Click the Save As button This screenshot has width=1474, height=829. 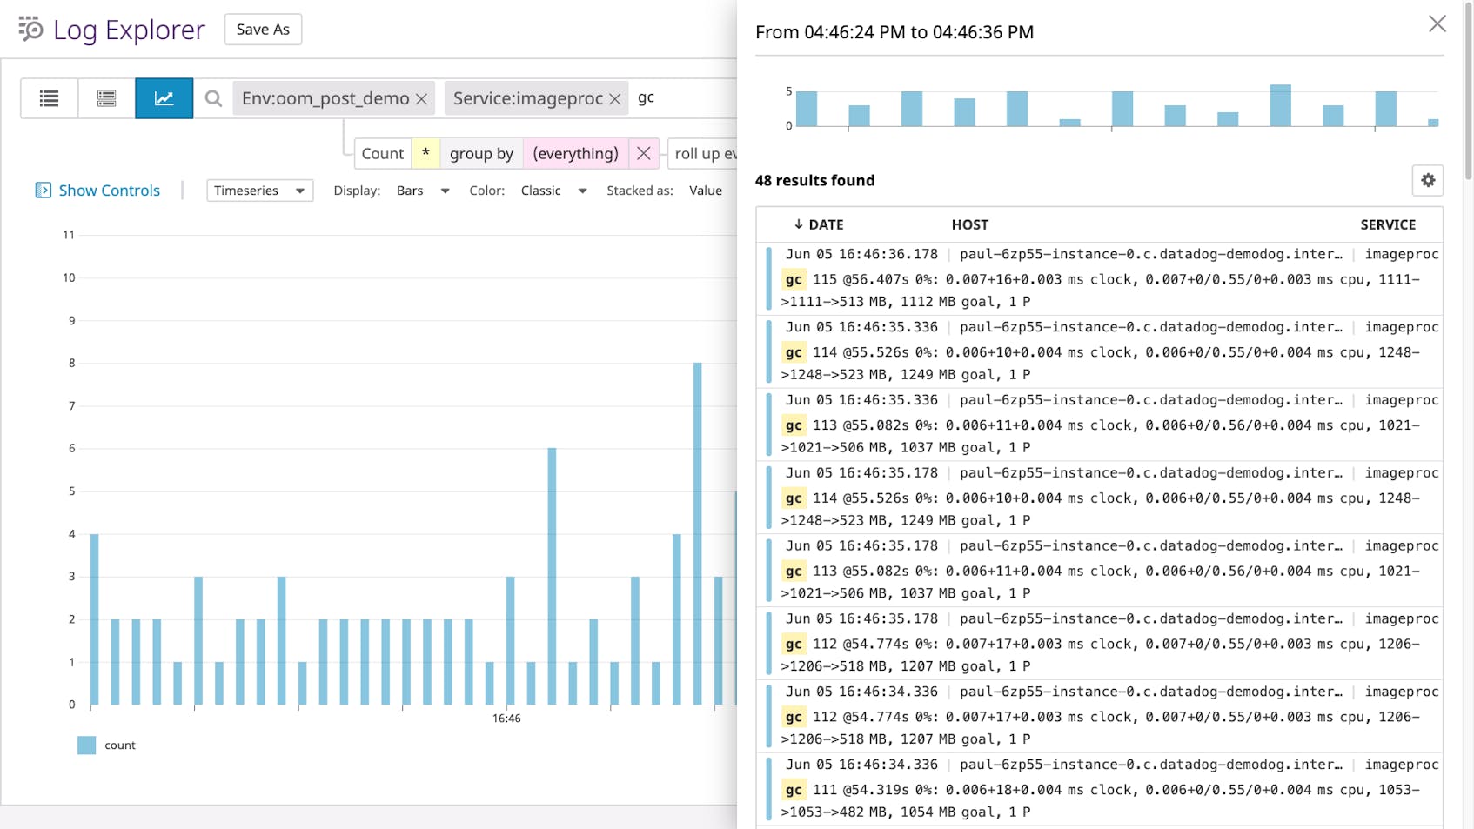(263, 30)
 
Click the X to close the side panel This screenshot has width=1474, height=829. (1437, 24)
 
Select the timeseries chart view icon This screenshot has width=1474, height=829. (164, 98)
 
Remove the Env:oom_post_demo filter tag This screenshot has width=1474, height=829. (422, 99)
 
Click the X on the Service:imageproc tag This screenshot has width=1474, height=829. (615, 99)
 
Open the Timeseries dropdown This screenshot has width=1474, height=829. (259, 191)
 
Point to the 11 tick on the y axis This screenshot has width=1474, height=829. (69, 235)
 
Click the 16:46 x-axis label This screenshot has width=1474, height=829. (506, 719)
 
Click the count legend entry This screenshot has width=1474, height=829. (119, 745)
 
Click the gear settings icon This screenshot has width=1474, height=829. (1428, 180)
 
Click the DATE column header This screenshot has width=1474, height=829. (825, 224)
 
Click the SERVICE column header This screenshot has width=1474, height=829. (1388, 224)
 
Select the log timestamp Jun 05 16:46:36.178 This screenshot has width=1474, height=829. (861, 254)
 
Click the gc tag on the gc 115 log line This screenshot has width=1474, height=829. (794, 279)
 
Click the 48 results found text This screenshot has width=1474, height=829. (814, 180)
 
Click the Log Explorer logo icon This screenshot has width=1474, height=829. (30, 29)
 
